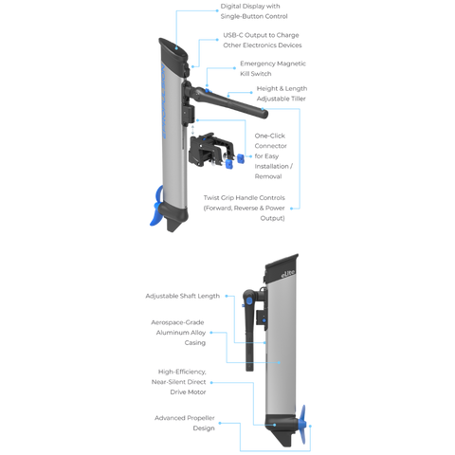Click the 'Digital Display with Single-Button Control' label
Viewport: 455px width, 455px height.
tap(254, 11)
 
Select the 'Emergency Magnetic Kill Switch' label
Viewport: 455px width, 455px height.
tap(273, 68)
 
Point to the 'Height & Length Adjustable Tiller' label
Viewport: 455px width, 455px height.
tap(282, 94)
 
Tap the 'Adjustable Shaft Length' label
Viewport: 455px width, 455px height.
tap(183, 296)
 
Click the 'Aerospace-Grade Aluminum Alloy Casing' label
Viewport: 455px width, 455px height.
tap(178, 333)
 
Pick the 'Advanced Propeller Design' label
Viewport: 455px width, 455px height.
tap(185, 423)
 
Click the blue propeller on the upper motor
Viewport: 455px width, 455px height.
tap(157, 207)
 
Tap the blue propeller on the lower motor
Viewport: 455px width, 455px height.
tap(302, 424)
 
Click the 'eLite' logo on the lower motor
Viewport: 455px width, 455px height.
tap(288, 274)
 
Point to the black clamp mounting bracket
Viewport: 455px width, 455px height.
tap(210, 150)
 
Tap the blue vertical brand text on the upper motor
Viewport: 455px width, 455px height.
tap(163, 101)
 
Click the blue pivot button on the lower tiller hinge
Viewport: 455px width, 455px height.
tap(249, 300)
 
